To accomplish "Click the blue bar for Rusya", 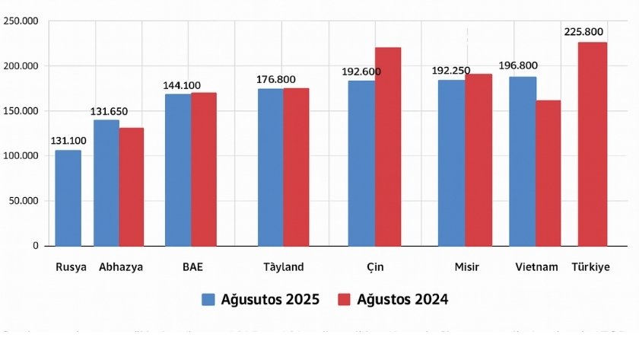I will pyautogui.click(x=68, y=198).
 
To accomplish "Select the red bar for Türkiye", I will pyautogui.click(x=593, y=144).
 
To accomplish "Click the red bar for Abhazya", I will pyautogui.click(x=132, y=186).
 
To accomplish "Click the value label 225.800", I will pyautogui.click(x=585, y=32).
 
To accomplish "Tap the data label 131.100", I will pyautogui.click(x=68, y=141).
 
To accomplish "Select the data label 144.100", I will pyautogui.click(x=182, y=85).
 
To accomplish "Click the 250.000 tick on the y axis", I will pyautogui.click(x=21, y=21).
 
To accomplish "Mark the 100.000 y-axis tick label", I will pyautogui.click(x=21, y=156).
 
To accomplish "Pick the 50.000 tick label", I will pyautogui.click(x=23, y=201).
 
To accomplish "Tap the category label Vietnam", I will pyautogui.click(x=537, y=267).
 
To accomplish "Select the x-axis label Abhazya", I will pyautogui.click(x=121, y=267).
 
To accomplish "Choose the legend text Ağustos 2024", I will pyautogui.click(x=403, y=299).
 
